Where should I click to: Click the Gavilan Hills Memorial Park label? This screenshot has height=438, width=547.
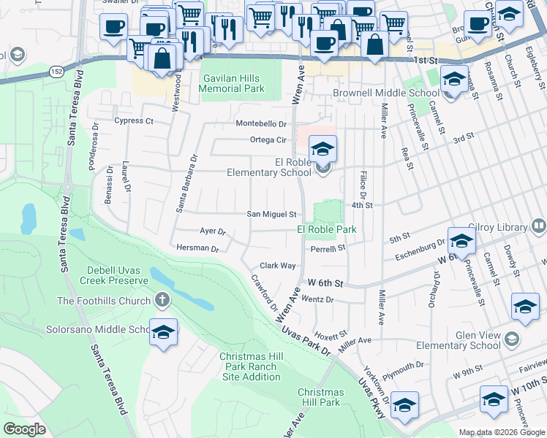(232, 82)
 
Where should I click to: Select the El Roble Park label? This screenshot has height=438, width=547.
(326, 229)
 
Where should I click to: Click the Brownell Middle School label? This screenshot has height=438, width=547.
(385, 93)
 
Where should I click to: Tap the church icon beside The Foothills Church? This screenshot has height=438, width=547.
(162, 300)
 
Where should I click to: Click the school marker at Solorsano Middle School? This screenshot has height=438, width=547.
(164, 332)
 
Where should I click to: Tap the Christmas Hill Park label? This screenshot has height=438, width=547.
(320, 397)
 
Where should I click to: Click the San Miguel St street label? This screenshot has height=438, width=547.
(271, 215)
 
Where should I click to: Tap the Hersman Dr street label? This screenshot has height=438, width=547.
(197, 248)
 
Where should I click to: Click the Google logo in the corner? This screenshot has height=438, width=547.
(24, 429)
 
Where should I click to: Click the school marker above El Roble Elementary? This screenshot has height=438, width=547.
(322, 148)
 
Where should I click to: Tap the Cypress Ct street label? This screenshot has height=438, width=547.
(134, 120)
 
